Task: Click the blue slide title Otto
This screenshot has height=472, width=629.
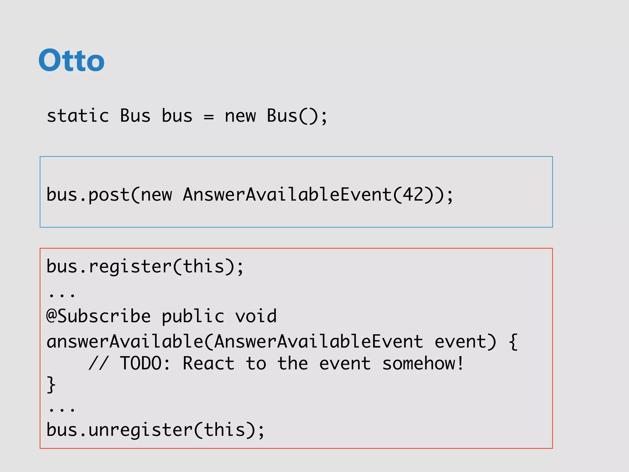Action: (71, 60)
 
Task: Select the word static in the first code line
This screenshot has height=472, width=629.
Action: (78, 116)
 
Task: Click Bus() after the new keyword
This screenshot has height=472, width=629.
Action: (297, 116)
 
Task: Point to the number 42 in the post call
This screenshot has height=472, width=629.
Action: (413, 195)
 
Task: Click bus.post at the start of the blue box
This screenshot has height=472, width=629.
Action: (88, 195)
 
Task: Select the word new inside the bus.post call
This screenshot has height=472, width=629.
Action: (156, 195)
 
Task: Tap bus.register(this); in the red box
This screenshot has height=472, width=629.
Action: (145, 266)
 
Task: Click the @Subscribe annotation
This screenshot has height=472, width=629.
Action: (98, 316)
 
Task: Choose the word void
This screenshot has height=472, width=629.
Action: (256, 316)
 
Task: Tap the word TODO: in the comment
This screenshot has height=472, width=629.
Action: (145, 364)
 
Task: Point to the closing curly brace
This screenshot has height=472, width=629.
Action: (51, 385)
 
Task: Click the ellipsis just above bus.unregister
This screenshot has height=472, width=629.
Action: (62, 409)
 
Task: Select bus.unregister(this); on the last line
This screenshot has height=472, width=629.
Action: (155, 430)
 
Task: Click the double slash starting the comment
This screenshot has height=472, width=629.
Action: (98, 364)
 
